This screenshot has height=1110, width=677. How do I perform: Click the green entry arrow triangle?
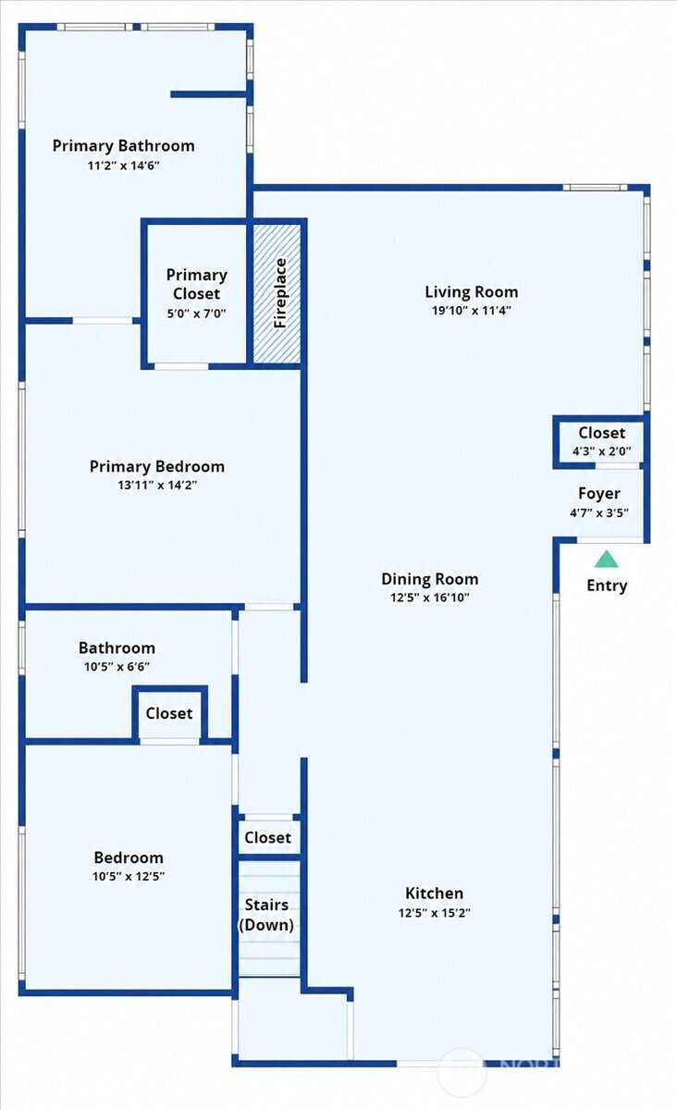pos(606,559)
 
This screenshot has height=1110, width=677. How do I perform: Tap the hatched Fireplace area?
pos(277,293)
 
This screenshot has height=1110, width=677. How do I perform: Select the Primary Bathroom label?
pos(123,146)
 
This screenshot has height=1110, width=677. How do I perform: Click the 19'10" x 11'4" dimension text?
pos(472,311)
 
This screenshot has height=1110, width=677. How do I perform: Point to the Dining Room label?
pos(430,579)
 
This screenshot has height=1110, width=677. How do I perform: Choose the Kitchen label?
pos(434,893)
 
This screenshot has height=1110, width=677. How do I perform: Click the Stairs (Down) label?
pos(266,915)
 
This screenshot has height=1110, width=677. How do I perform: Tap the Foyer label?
pos(599,494)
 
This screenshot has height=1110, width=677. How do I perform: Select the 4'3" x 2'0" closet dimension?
pos(602,451)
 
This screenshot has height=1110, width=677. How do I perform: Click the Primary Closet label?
pos(197,284)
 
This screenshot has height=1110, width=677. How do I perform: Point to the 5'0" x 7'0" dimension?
pos(197,314)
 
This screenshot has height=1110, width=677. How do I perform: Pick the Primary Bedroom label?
pos(157,466)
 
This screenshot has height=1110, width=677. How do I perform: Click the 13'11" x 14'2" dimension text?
pos(157,485)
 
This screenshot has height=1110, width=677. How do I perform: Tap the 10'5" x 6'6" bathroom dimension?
pos(117,667)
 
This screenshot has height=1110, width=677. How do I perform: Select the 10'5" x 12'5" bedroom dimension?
pos(129,876)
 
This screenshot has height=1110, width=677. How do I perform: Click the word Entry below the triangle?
pos(607,586)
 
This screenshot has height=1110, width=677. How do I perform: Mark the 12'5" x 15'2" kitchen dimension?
pos(434,912)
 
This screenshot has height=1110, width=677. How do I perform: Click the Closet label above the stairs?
pos(267,837)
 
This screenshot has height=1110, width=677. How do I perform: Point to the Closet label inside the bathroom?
pos(169,713)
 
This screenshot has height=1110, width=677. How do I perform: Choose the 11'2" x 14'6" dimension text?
pos(123,165)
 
